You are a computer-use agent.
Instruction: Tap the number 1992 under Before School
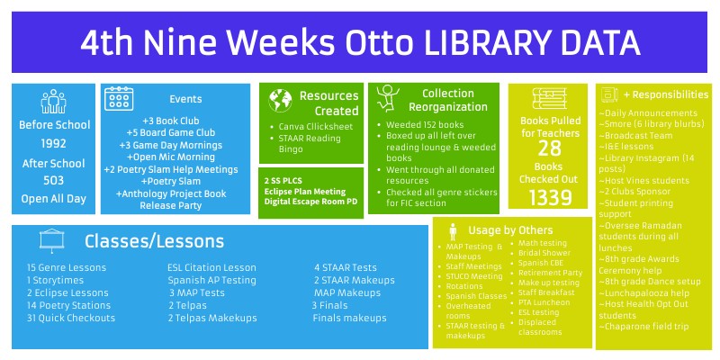[53, 143]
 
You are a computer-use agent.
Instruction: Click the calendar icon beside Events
[120, 99]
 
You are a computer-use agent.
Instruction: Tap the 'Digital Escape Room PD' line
[310, 201]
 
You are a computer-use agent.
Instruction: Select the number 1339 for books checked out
[549, 197]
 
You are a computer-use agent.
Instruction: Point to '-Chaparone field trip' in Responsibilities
[645, 326]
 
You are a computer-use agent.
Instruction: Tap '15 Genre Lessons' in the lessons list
[67, 267]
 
